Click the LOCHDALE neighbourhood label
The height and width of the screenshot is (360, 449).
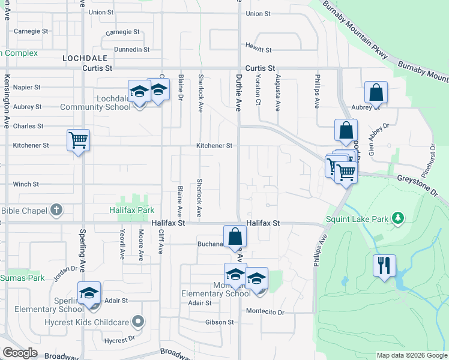84,58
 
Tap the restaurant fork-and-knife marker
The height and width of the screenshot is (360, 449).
384,264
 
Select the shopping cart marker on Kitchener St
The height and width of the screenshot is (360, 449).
78,140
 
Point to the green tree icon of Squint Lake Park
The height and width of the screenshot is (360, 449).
396,218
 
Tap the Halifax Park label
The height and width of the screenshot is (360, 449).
131,211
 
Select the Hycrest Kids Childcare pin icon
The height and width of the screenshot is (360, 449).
138,322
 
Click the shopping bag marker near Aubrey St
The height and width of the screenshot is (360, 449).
376,93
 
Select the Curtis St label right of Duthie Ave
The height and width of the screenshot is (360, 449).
259,69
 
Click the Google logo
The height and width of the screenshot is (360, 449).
20,353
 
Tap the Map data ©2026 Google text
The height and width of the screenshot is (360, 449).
411,355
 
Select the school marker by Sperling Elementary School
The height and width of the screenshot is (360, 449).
89,293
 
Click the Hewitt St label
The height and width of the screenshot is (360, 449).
259,50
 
